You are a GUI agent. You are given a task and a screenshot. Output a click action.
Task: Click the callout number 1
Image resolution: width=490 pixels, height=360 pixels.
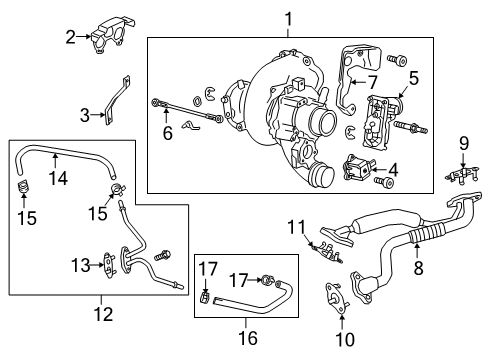click(x=289, y=19)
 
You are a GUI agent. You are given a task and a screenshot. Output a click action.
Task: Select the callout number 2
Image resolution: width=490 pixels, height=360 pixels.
click(x=71, y=37)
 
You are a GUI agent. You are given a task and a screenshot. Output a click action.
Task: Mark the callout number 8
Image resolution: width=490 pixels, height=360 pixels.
click(x=417, y=268)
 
